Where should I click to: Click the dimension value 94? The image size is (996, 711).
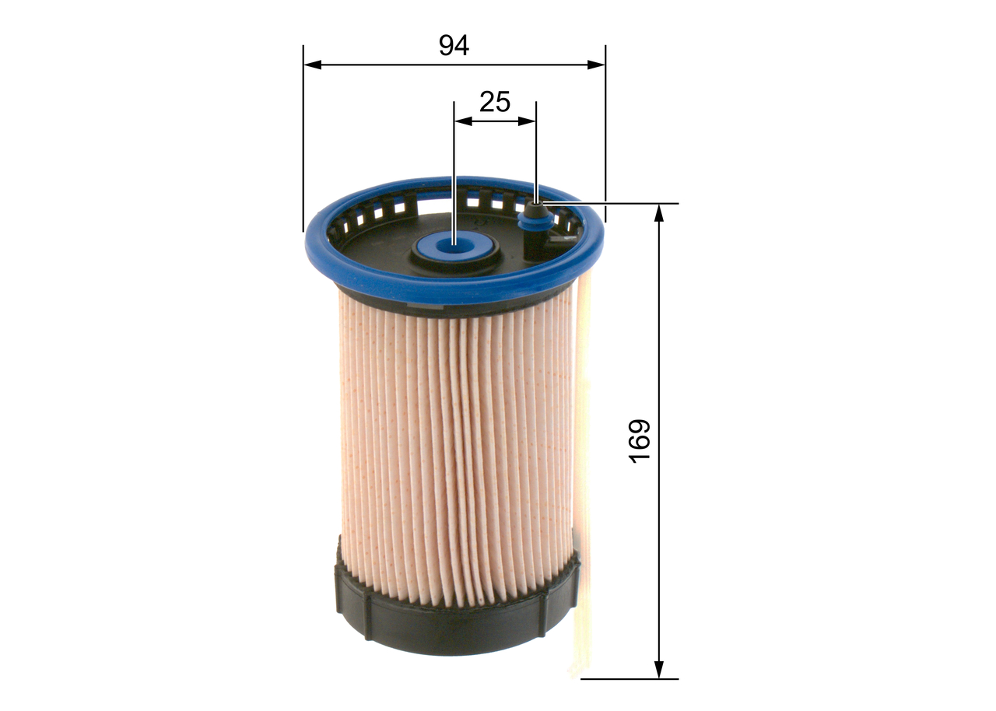(454, 45)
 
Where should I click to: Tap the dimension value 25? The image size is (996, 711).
(495, 101)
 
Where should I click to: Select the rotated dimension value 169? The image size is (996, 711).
(639, 441)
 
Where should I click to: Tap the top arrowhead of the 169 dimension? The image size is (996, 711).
(659, 212)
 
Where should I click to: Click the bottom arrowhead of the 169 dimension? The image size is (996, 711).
(659, 669)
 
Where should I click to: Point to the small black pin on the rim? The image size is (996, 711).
(536, 208)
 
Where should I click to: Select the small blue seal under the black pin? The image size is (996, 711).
(534, 223)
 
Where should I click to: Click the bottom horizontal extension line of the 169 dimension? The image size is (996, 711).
(630, 678)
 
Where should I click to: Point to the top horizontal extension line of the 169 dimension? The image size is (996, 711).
(622, 204)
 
